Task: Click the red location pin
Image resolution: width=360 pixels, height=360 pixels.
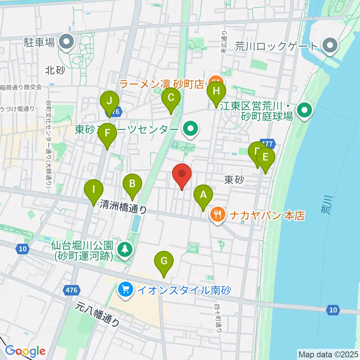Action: click(x=182, y=174)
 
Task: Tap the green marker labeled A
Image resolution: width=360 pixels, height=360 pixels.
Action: click(x=203, y=196)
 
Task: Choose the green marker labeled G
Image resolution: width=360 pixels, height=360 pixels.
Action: click(x=164, y=262)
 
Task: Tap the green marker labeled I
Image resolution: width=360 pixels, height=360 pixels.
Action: click(x=94, y=190)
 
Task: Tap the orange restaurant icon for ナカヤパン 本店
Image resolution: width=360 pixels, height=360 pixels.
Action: click(x=217, y=215)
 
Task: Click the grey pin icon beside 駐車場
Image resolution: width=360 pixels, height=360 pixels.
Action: click(x=68, y=42)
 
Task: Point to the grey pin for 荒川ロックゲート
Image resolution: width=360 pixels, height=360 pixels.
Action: click(x=330, y=46)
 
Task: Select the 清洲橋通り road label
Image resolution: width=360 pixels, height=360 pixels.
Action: click(x=123, y=206)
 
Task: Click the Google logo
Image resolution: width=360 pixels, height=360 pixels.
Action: click(x=25, y=351)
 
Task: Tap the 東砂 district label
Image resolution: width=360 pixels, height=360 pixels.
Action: click(x=234, y=180)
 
